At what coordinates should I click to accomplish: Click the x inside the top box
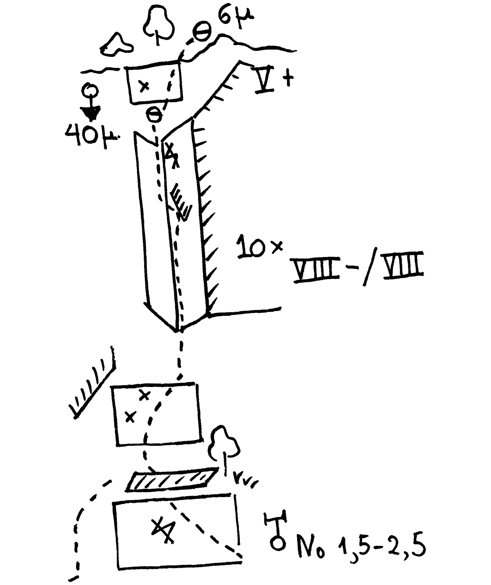coord(144,86)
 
